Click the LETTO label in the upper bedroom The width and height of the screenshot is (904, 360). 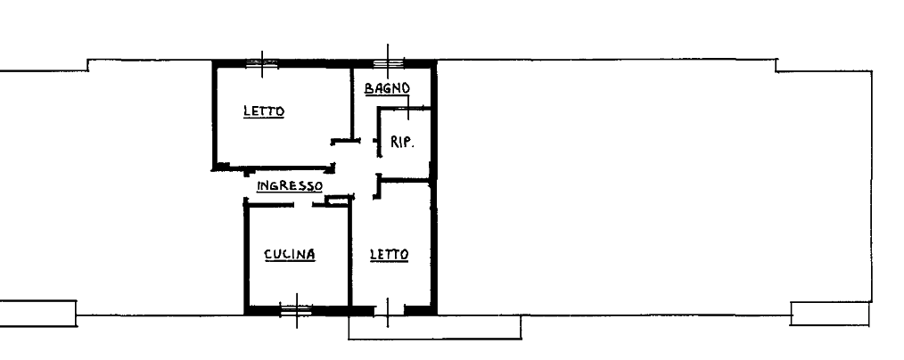[x=264, y=110]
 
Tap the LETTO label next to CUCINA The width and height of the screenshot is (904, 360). [x=390, y=254]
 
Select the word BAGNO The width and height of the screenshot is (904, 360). [x=388, y=88]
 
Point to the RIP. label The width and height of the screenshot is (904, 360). [x=402, y=142]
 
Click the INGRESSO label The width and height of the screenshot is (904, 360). [x=290, y=186]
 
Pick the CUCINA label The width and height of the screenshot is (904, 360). [x=290, y=254]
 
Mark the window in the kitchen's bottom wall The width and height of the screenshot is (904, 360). [x=296, y=310]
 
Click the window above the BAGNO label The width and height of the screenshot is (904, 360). [x=388, y=64]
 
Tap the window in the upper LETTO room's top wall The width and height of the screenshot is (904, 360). [x=262, y=64]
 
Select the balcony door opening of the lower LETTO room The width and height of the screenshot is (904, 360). [x=390, y=311]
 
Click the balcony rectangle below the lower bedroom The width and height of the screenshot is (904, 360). [x=435, y=327]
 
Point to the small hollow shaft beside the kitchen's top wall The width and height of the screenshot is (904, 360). [x=338, y=200]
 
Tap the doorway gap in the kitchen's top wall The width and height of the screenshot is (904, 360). [x=303, y=204]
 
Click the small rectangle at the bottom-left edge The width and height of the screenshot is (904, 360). [x=38, y=314]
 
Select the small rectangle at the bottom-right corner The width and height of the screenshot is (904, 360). [x=830, y=314]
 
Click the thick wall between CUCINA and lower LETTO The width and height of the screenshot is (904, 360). [x=349, y=256]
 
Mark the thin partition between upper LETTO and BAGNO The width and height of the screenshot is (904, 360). [x=351, y=103]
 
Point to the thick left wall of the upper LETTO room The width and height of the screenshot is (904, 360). [x=215, y=115]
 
